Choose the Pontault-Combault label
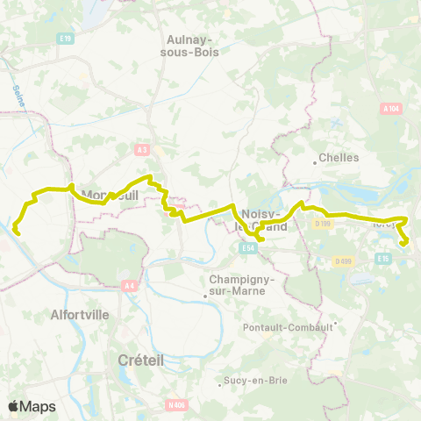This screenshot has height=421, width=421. click(288, 326)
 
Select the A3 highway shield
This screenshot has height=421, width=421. click(142, 150)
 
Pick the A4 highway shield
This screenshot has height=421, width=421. click(130, 285)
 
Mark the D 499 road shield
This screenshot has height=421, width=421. click(342, 260)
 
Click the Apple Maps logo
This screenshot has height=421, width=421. click(32, 406)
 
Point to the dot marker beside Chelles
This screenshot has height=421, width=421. click(316, 161)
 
